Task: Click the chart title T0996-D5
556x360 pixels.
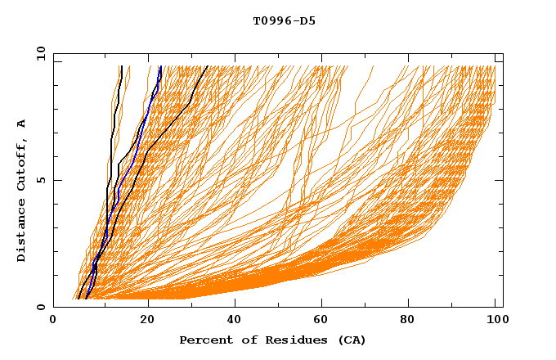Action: pos(284,21)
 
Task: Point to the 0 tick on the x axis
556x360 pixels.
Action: pos(54,322)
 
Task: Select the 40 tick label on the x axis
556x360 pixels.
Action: pos(234,322)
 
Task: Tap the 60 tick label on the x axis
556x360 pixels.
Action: pos(324,322)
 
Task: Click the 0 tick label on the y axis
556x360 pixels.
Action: pos(40,308)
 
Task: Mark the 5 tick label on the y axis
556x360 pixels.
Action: pos(40,180)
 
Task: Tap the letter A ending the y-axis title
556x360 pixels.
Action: pos(21,124)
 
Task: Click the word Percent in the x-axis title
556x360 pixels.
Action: pos(204,340)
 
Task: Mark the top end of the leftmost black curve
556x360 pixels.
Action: pos(121,66)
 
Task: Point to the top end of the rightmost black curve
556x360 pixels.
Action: pos(208,66)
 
